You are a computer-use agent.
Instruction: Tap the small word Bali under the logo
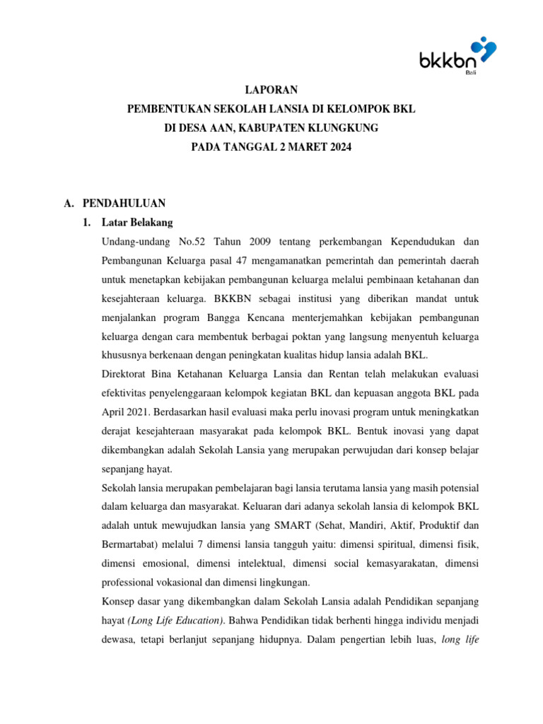coord(469,73)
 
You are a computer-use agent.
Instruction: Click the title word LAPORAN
coord(271,90)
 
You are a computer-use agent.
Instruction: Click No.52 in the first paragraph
coord(189,242)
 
